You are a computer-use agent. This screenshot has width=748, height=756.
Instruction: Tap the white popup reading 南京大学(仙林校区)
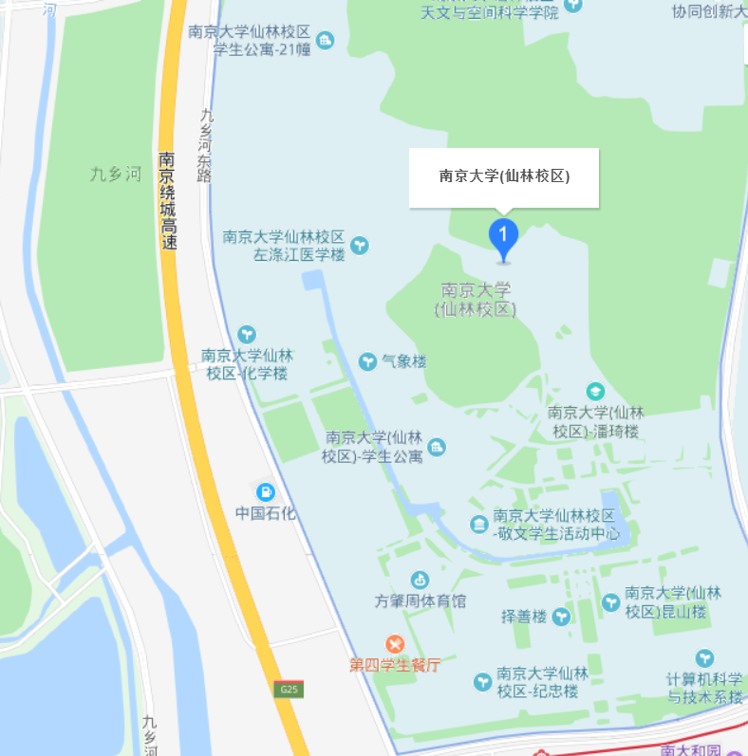(504, 176)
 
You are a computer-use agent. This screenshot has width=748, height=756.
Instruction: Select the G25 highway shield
(290, 690)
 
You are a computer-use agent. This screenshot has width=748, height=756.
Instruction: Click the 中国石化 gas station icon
(267, 491)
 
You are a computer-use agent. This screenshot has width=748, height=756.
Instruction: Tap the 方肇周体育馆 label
(421, 601)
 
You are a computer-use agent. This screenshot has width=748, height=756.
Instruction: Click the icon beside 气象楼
(367, 361)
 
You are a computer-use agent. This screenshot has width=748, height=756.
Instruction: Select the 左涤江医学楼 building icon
(361, 246)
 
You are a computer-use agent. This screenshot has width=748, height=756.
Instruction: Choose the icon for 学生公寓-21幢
(326, 40)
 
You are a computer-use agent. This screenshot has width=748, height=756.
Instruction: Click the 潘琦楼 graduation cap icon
(595, 391)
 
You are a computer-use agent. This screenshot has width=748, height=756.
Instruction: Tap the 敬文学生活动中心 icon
(479, 524)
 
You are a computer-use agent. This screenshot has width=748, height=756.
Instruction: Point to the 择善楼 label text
(524, 617)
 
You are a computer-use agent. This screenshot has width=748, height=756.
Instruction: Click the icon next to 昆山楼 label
(610, 601)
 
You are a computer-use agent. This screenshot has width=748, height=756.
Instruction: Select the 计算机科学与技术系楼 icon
(703, 657)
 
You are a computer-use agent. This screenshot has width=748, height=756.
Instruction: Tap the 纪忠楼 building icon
(482, 681)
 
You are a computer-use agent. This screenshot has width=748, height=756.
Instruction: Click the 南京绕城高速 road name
(168, 200)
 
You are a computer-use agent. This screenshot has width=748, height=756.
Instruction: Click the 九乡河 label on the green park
(115, 174)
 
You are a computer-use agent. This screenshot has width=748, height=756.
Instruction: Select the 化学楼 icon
(247, 334)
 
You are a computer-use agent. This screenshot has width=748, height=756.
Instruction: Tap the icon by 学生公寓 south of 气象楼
(436, 447)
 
